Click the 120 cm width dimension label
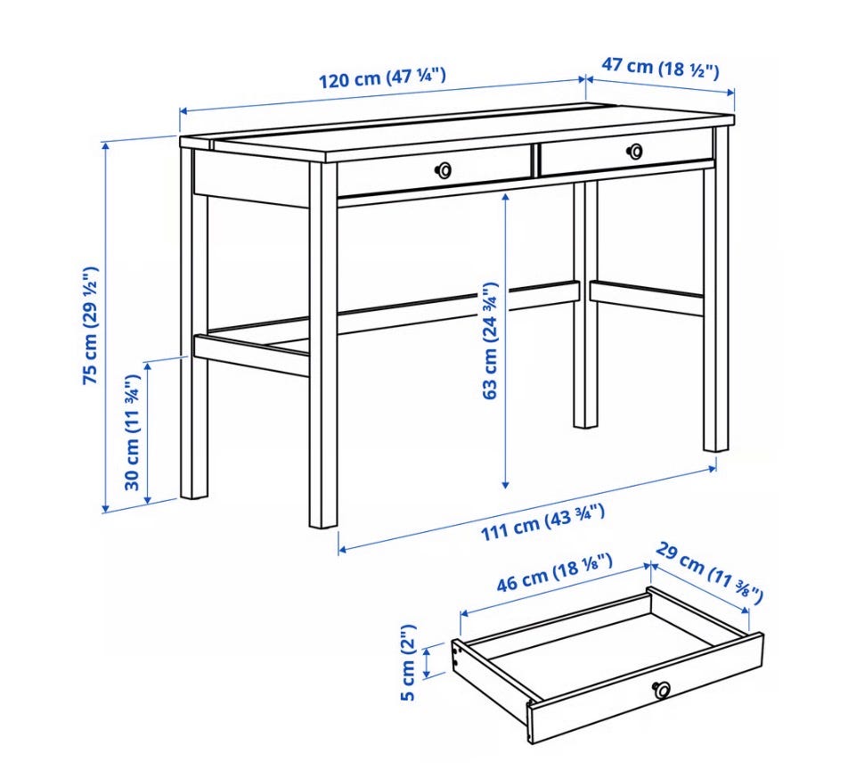pos(382,77)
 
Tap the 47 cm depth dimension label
pos(660,68)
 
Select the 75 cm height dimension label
pos(90,325)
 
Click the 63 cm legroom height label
pos(489,340)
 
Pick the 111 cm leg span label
pos(542,521)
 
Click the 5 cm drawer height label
pos(408,662)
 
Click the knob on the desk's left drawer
pos(444,170)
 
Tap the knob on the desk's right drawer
pos(635,152)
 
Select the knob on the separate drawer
pos(662,689)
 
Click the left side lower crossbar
pos(251,355)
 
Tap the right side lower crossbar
pos(647,298)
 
